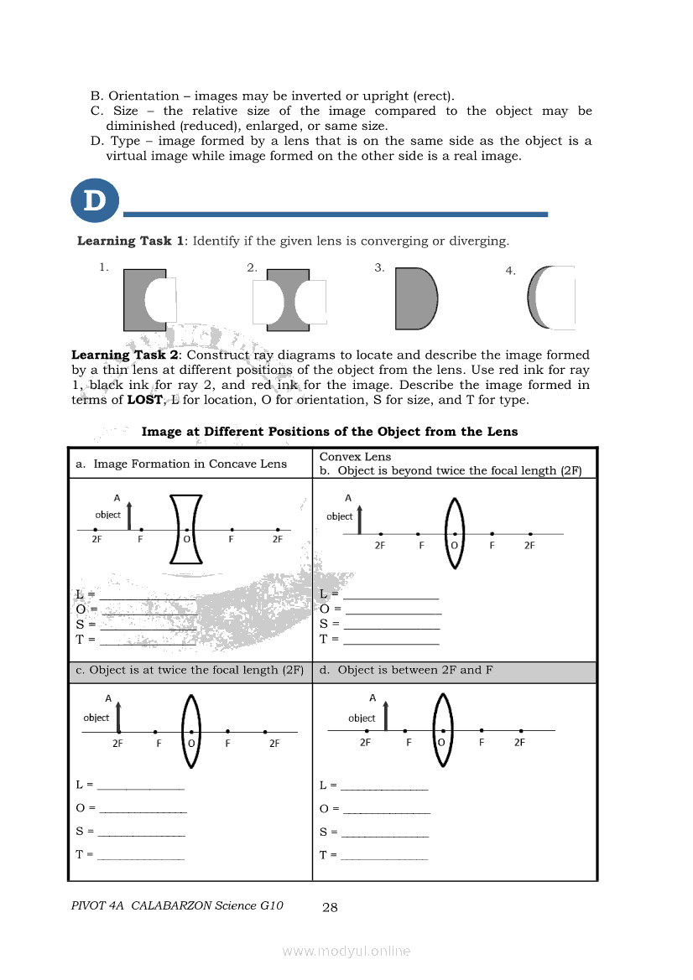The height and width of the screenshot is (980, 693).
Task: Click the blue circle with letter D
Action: click(x=95, y=201)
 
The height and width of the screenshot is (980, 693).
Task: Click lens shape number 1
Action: click(x=138, y=299)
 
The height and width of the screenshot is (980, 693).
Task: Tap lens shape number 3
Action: click(x=415, y=299)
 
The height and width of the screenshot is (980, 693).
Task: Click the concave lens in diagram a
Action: click(x=186, y=530)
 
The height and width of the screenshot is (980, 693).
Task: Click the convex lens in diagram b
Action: click(x=454, y=533)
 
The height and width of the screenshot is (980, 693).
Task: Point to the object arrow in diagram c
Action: click(x=118, y=718)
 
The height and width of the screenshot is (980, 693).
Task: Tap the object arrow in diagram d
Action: click(x=385, y=716)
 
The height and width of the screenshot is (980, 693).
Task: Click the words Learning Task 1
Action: click(x=131, y=241)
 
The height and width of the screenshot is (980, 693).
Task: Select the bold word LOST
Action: click(x=145, y=400)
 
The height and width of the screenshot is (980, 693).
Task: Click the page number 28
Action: click(x=330, y=906)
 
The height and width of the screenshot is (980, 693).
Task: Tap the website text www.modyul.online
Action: click(x=346, y=951)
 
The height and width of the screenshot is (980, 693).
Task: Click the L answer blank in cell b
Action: click(x=390, y=595)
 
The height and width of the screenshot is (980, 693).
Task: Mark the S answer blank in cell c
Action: click(x=141, y=832)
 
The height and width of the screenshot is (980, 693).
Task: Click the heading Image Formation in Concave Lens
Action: click(x=190, y=464)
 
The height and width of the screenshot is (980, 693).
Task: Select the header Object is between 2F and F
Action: click(x=414, y=671)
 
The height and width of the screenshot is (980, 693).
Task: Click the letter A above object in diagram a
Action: click(x=117, y=496)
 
